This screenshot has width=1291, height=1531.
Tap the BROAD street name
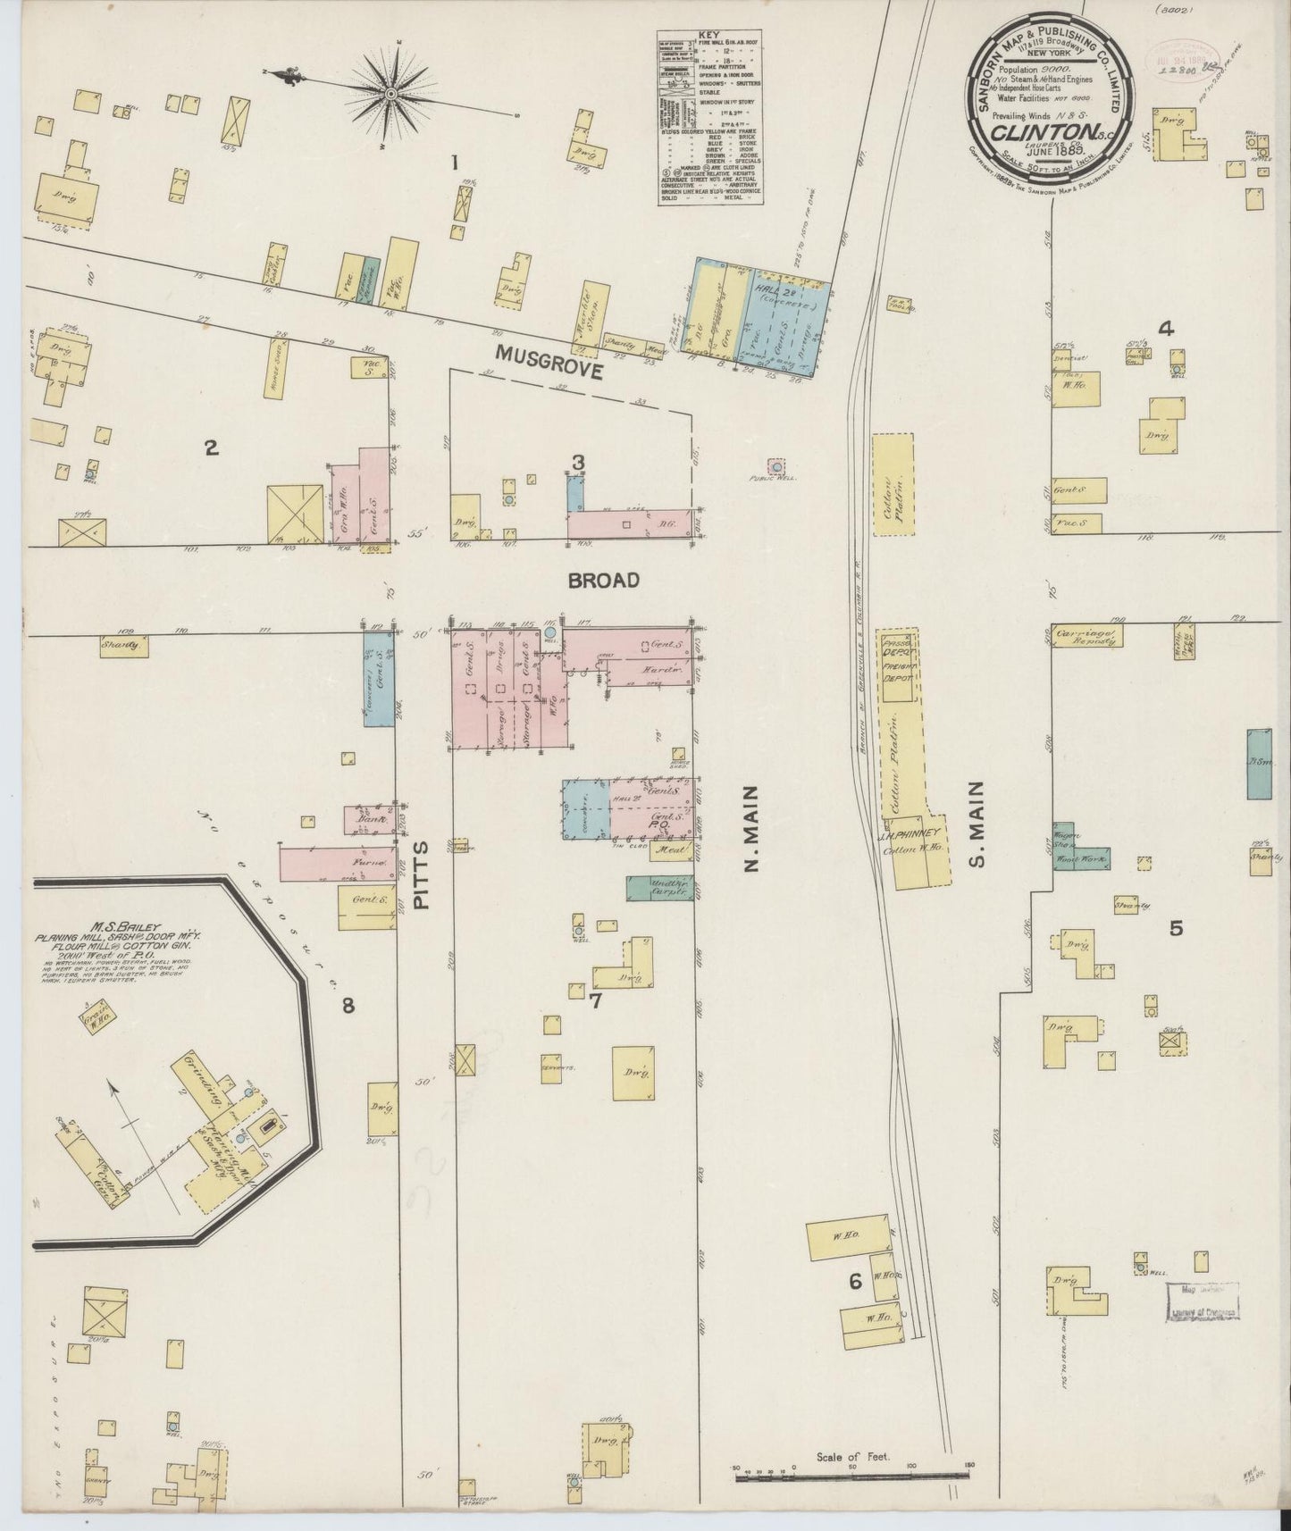[606, 581]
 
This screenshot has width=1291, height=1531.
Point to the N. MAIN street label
[750, 829]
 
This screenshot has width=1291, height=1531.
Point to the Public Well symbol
[776, 466]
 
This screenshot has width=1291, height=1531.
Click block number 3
[579, 462]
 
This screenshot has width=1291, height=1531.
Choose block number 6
[854, 1282]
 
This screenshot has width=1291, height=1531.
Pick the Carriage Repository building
[1087, 635]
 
